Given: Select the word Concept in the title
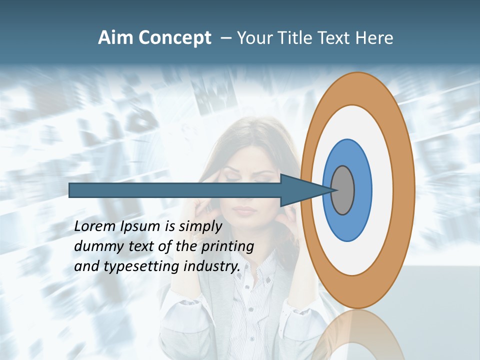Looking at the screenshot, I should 174,38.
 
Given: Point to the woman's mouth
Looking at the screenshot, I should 244,208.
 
